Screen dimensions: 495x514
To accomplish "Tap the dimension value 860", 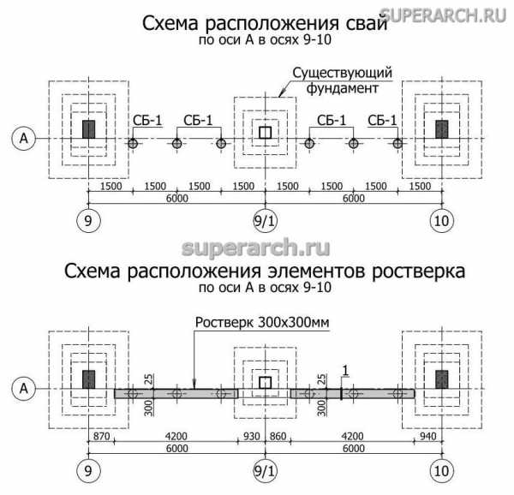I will pyautogui.click(x=278, y=436).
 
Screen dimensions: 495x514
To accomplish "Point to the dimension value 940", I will pyautogui.click(x=427, y=436).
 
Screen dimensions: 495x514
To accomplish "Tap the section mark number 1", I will pyautogui.click(x=344, y=369).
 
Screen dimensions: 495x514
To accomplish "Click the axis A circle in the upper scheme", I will pyautogui.click(x=25, y=138).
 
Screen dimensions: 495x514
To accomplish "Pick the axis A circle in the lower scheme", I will pyautogui.click(x=25, y=389).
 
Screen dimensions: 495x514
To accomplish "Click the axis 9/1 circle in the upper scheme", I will pyautogui.click(x=264, y=220).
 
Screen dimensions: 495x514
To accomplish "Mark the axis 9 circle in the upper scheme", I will pyautogui.click(x=87, y=220).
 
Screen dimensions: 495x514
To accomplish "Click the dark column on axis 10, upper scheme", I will pyautogui.click(x=441, y=129).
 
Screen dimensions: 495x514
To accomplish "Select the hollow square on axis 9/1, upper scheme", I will pyautogui.click(x=265, y=132).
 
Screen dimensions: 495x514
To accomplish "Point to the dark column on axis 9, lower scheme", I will pyautogui.click(x=87, y=379).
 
